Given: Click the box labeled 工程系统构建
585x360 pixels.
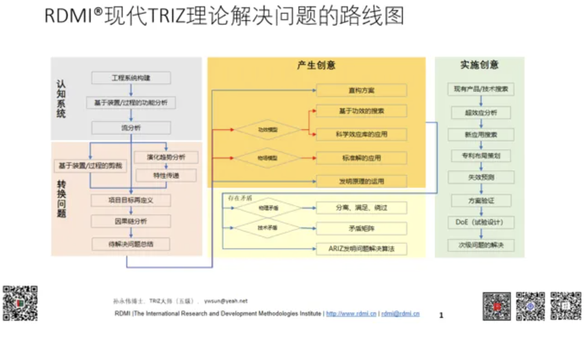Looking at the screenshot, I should click(x=131, y=78).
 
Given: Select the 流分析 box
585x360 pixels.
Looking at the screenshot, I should click(x=131, y=128).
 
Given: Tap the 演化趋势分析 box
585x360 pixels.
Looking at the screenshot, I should click(x=166, y=157).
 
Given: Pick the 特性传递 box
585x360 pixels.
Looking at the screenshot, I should click(x=166, y=175).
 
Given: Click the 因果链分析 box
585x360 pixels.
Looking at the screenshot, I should click(x=131, y=221).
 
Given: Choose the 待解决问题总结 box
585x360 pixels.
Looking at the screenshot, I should click(x=131, y=244).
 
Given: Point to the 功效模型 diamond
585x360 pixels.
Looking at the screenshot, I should click(x=268, y=130).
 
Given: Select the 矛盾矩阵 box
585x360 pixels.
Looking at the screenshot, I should click(x=361, y=228).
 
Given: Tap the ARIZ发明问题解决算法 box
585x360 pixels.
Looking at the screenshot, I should click(x=361, y=249).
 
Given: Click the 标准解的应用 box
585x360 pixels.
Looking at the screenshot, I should click(x=361, y=158).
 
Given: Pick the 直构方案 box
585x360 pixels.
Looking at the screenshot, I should click(x=361, y=90).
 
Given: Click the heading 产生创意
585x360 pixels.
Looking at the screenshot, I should click(x=316, y=65).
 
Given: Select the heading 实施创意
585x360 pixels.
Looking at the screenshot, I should click(x=479, y=65).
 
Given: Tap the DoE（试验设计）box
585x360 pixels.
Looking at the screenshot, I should click(x=481, y=223).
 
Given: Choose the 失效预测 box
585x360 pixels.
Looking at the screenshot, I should click(x=481, y=177).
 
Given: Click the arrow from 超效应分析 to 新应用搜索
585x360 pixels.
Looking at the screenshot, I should click(x=481, y=124).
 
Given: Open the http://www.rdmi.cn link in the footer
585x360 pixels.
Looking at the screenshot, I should click(x=351, y=314).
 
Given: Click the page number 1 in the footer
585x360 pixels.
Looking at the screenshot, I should click(x=441, y=315).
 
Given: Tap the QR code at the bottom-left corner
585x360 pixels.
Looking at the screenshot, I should click(x=20, y=303).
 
